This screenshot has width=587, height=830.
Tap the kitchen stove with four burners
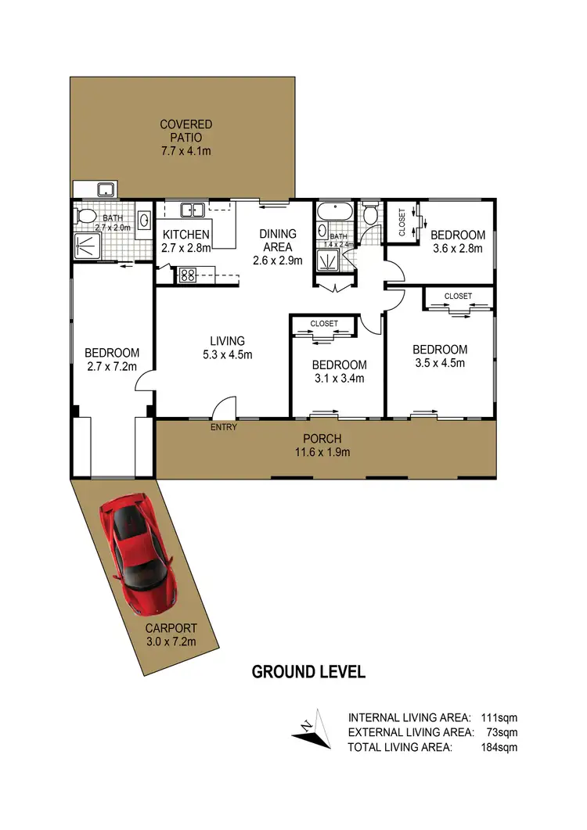187,274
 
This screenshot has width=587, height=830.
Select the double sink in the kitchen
193,209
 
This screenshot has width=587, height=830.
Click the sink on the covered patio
105,189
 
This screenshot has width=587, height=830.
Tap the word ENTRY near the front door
224,427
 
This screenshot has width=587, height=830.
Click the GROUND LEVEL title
308,672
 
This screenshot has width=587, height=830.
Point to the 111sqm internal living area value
499,717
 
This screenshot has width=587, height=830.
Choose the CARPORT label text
171,628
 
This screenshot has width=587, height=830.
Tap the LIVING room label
227,340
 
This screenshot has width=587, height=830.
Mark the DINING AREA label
278,240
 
